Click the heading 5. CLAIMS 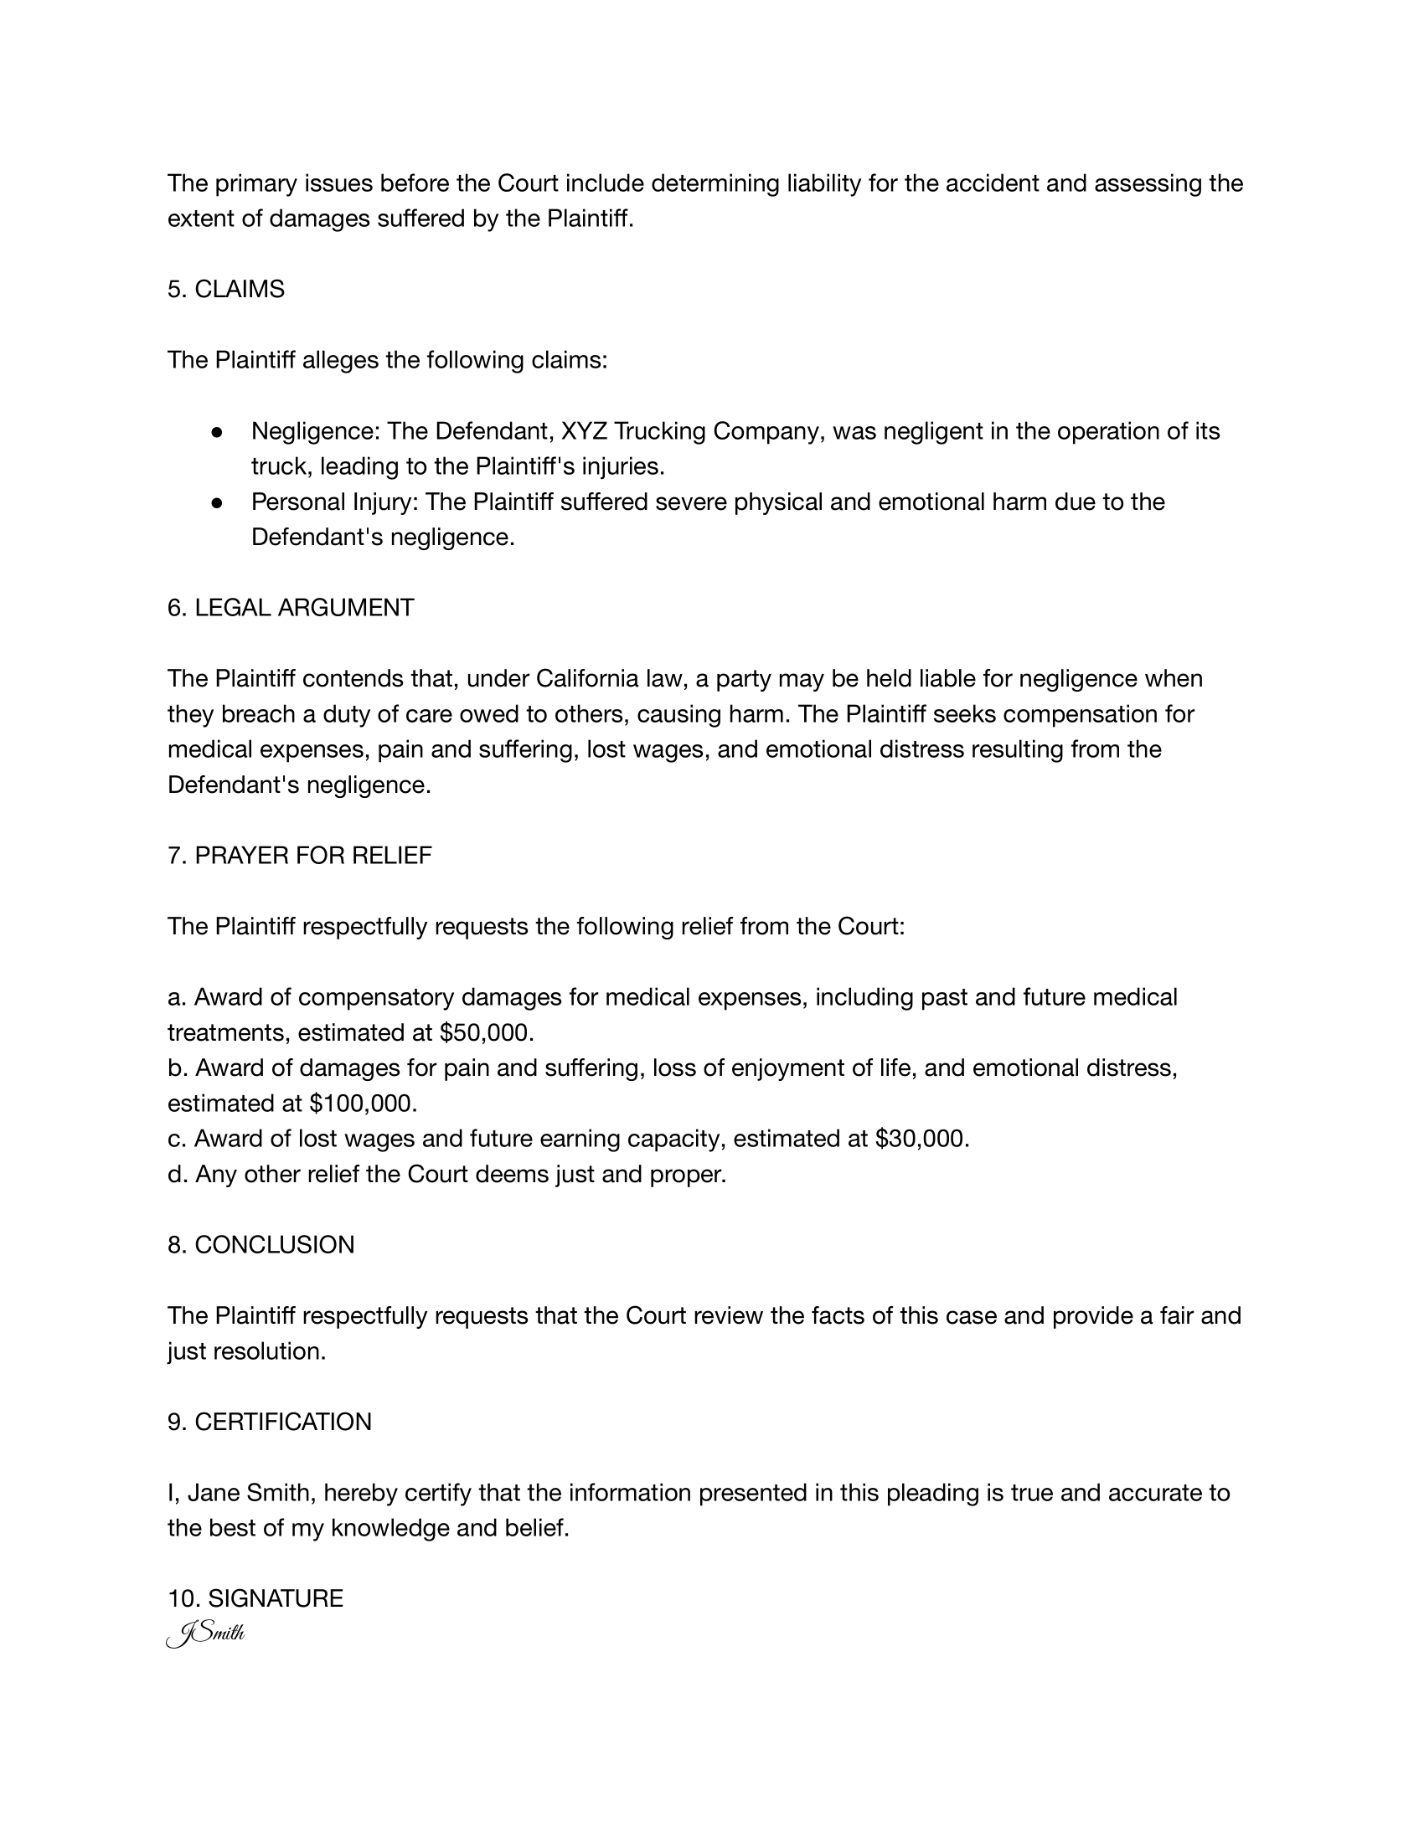tap(226, 290)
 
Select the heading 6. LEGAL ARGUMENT tap(290, 607)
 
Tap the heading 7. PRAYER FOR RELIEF tap(300, 855)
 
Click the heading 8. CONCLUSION tap(261, 1245)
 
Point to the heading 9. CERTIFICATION tap(269, 1422)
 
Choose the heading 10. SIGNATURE tap(255, 1598)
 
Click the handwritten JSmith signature tap(206, 1634)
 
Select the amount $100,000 tap(363, 1104)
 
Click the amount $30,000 tap(922, 1139)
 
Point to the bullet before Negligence tap(217, 432)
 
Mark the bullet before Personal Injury tap(217, 502)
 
